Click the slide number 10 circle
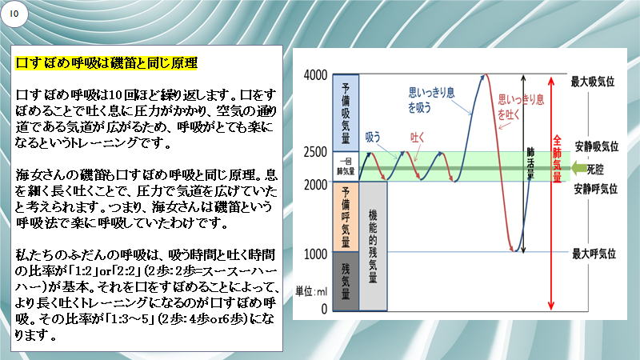(14, 14)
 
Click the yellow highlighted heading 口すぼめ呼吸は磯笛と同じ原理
(106, 63)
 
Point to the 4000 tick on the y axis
(315, 75)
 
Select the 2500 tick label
(315, 152)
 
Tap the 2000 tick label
(315, 185)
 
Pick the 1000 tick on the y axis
(315, 254)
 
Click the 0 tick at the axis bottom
(324, 309)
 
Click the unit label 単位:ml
(311, 291)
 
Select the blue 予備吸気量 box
(346, 113)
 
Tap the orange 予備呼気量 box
(346, 217)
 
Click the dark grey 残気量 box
(346, 282)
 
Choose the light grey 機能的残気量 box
(373, 246)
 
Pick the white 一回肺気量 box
(346, 167)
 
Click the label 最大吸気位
(593, 82)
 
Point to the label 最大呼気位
(594, 254)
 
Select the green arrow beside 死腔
(578, 168)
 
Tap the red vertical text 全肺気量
(557, 158)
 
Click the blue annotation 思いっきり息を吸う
(431, 100)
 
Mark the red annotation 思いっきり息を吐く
(521, 107)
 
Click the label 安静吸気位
(596, 146)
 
